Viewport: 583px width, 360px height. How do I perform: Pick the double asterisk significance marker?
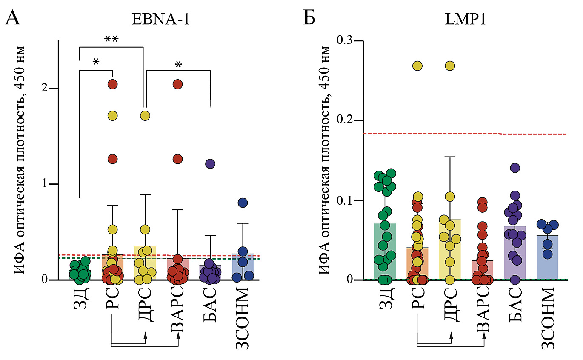tap(111, 40)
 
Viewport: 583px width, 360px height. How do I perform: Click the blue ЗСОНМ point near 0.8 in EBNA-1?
tap(243, 203)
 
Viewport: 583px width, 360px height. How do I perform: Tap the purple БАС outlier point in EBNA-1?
tap(210, 163)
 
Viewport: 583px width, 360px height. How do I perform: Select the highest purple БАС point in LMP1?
tap(515, 168)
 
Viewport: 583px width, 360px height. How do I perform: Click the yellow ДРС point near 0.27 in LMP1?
tap(450, 66)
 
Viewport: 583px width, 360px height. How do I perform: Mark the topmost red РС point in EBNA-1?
tap(112, 84)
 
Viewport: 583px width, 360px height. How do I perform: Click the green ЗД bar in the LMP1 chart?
tap(385, 255)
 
